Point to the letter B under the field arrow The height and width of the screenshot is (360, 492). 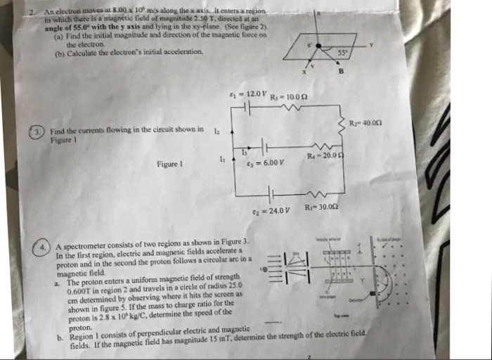(x=340, y=71)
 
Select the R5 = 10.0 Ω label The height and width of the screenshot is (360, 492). (x=289, y=96)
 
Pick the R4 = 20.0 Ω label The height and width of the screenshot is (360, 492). (x=323, y=155)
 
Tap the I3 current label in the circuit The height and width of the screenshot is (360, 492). (x=244, y=151)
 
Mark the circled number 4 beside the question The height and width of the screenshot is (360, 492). (x=44, y=247)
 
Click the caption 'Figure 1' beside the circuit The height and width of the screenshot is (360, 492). (x=169, y=165)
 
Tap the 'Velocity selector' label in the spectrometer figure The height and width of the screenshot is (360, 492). (x=325, y=240)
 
